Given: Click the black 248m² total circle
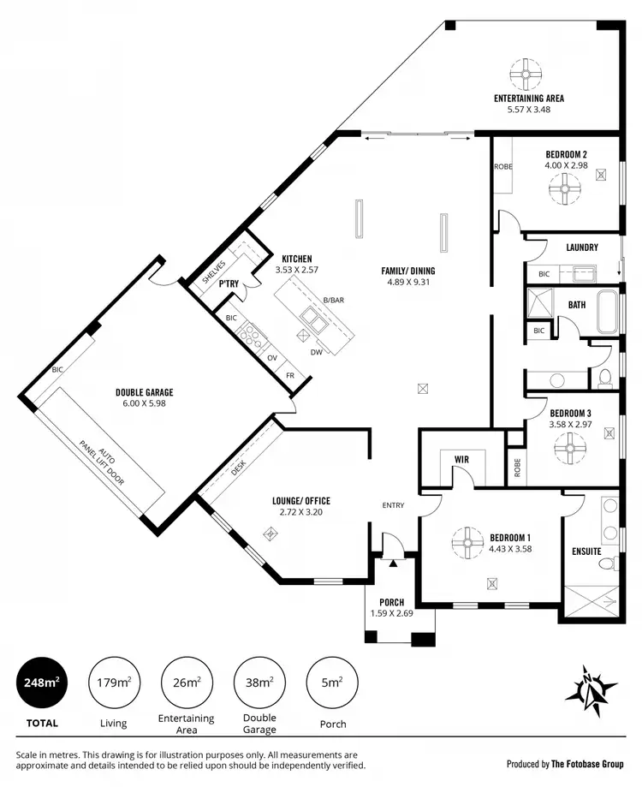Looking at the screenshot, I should point(41,683).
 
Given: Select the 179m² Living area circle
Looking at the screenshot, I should point(113,683).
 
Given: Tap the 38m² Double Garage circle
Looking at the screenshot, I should point(259,683).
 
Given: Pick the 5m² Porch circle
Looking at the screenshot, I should point(332,683).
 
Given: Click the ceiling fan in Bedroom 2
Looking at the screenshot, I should point(565,188).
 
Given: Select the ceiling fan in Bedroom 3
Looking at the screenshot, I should point(568,446).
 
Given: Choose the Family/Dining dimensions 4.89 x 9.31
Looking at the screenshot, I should point(406,282).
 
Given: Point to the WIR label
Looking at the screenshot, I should point(461,460).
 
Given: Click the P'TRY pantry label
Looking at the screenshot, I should point(228,283).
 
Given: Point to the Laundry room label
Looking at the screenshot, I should point(582,247).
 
